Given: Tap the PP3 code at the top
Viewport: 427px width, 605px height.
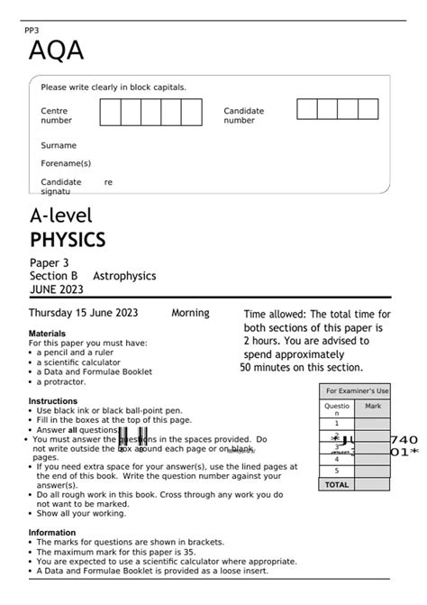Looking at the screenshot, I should [x=34, y=32].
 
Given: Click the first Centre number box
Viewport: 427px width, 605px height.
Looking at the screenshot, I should [x=110, y=113].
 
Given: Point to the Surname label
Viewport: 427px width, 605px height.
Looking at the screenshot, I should [x=59, y=145].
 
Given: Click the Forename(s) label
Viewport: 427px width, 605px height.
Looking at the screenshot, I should [x=66, y=163].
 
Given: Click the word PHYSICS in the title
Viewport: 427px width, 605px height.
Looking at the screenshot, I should [x=68, y=240].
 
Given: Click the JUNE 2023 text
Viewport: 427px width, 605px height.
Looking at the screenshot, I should [x=56, y=289].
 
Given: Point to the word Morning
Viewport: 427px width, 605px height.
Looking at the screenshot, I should [x=190, y=313].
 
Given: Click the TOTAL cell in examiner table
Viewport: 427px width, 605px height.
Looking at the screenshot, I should [x=337, y=484].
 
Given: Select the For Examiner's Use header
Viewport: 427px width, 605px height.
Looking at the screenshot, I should [x=357, y=390].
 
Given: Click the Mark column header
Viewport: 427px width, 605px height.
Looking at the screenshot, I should [x=373, y=407].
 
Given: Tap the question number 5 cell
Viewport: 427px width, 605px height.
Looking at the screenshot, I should [x=337, y=471].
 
